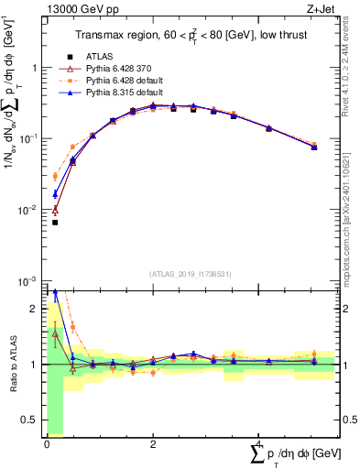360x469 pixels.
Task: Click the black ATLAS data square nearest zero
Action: pos(55,223)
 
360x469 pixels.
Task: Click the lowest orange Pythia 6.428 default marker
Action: pos(55,176)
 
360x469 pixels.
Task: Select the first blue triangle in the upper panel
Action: pos(55,193)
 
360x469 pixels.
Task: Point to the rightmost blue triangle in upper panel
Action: pos(314,147)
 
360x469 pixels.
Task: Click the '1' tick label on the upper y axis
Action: pos(36,68)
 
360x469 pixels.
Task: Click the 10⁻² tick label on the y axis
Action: pos(28,210)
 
